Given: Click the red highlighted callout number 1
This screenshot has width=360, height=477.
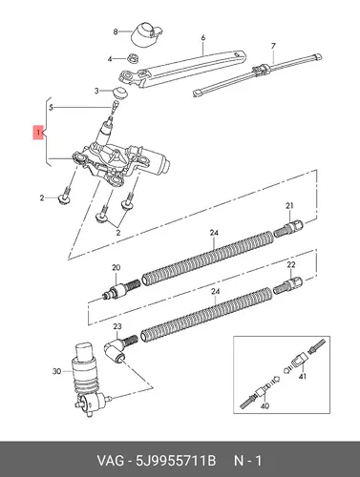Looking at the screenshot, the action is click(x=38, y=133).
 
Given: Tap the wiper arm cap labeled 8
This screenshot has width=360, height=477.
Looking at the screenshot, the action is click(x=147, y=34).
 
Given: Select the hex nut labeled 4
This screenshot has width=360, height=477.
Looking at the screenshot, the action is click(x=132, y=58).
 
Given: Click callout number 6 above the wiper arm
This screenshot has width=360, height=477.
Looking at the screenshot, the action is click(x=203, y=38).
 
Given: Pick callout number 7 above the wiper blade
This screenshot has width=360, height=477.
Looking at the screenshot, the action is click(x=273, y=47).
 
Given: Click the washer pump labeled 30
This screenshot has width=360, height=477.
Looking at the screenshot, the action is click(x=88, y=380).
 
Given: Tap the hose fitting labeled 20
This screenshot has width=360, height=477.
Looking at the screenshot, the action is click(x=120, y=289).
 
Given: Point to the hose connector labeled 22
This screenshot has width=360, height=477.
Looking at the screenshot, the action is click(x=288, y=284).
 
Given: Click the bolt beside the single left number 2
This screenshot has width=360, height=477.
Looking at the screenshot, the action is click(x=66, y=197).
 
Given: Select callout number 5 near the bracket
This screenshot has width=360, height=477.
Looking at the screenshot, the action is click(x=52, y=108).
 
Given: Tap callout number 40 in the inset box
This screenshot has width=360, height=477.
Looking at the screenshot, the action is click(x=265, y=406).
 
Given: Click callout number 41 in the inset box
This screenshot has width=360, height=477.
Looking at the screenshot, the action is click(x=303, y=377).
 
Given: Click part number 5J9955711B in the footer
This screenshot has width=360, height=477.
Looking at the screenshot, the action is click(x=176, y=461).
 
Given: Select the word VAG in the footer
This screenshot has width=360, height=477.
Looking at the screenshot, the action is click(x=110, y=461).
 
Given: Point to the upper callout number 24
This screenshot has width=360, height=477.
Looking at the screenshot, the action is click(x=214, y=233).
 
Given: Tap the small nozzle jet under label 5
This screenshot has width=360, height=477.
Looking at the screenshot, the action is click(x=115, y=105).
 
